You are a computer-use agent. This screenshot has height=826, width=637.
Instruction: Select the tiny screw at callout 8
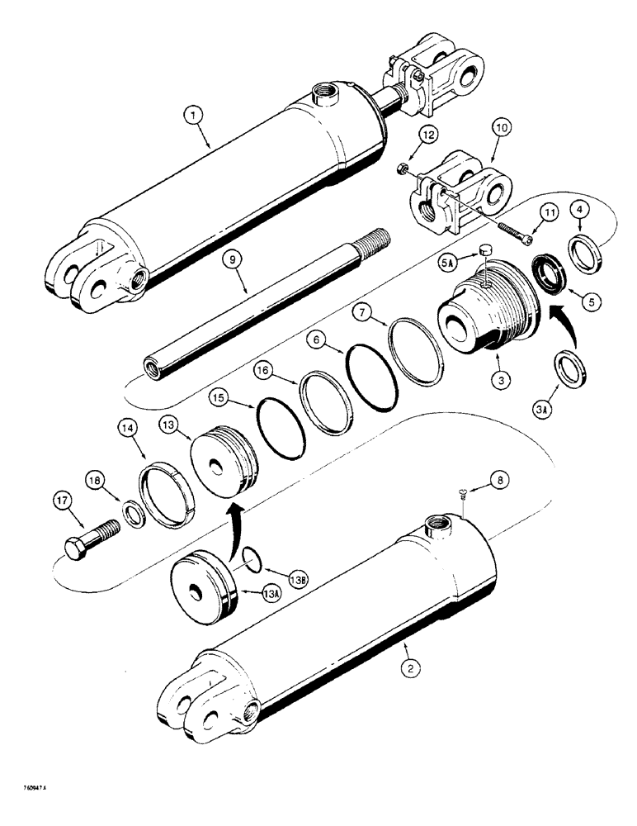461,495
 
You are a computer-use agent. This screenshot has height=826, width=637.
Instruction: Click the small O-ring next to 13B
256,562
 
